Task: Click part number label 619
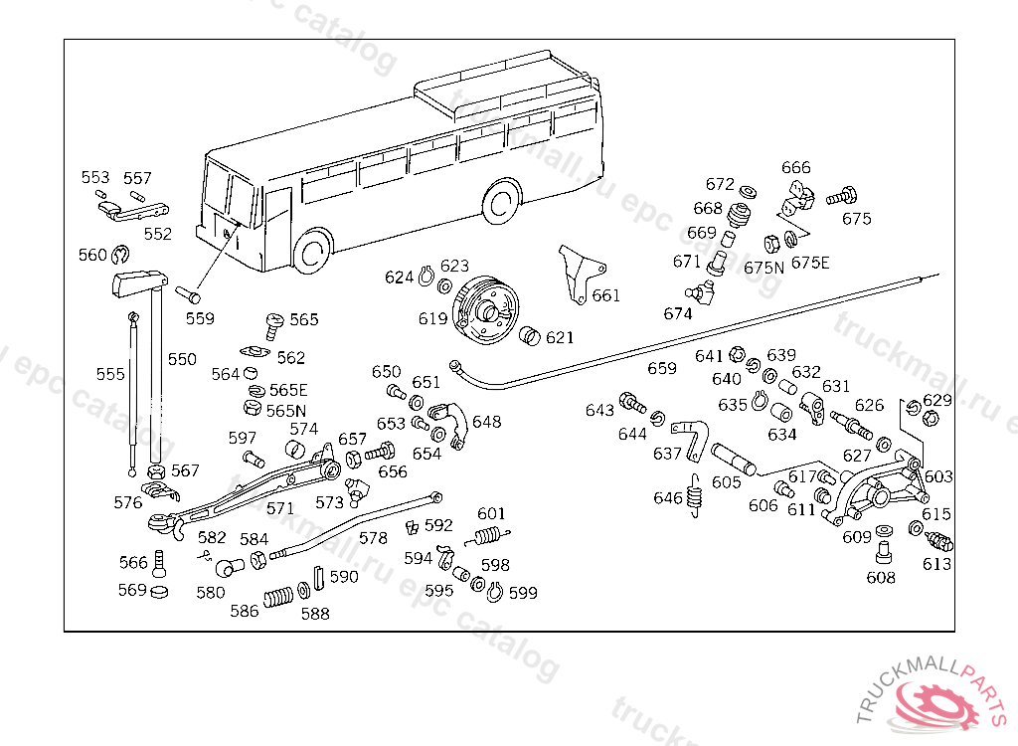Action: coord(432,319)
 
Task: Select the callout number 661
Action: coord(605,295)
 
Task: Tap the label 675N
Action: coord(763,267)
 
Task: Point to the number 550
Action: coord(182,359)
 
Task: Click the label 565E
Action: coord(288,390)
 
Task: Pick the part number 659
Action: coord(662,368)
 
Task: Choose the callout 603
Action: coord(938,477)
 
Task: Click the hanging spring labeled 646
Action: coord(697,494)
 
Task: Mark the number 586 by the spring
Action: coord(245,611)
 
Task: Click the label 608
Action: coord(881,577)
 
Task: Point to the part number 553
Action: coord(95,178)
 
